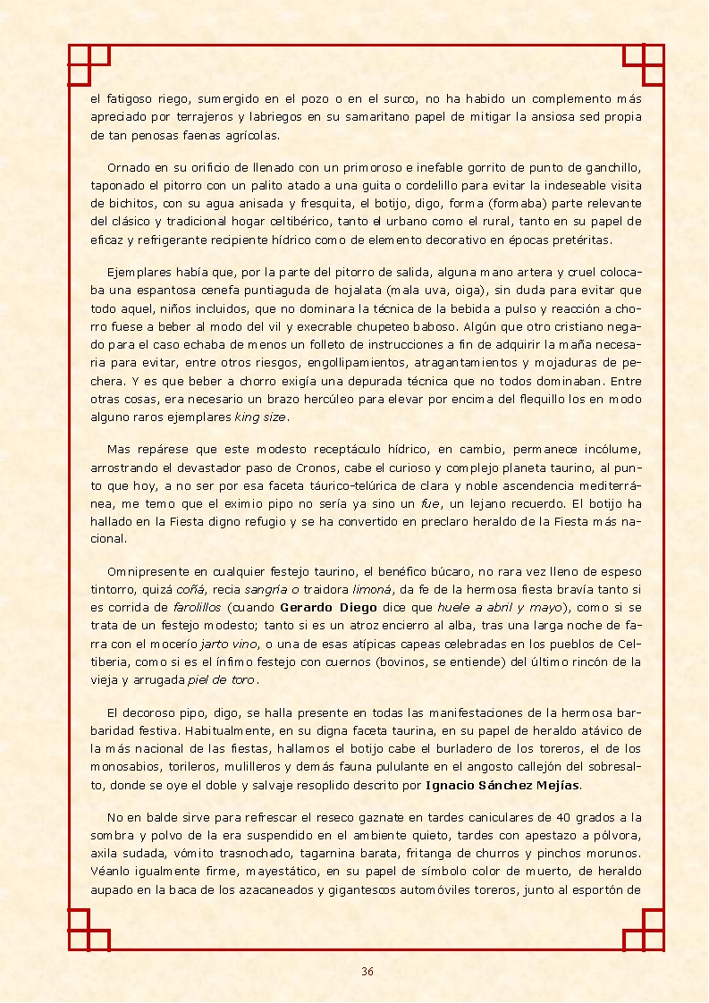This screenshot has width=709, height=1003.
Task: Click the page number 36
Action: tap(367, 972)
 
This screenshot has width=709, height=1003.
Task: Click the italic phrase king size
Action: tap(261, 417)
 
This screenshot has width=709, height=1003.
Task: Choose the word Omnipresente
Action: tap(145, 571)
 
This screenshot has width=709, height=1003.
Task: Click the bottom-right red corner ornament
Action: tap(644, 930)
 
